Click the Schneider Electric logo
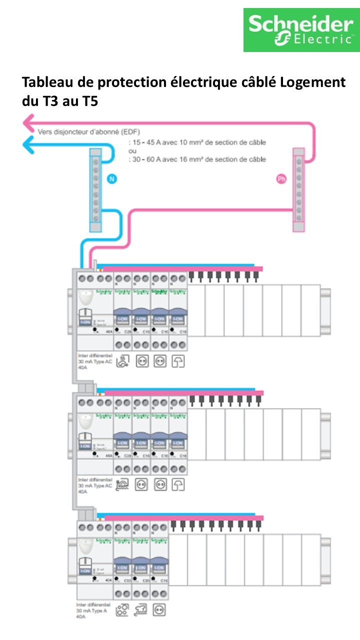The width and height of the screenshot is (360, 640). [301, 29]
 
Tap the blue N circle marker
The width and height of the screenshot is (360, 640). [111, 178]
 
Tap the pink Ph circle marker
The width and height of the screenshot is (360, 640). [281, 178]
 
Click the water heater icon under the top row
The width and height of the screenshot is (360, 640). [123, 361]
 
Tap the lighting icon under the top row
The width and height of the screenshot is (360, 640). [178, 361]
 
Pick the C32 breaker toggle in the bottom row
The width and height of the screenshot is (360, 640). [122, 568]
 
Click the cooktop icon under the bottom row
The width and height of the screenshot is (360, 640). [122, 610]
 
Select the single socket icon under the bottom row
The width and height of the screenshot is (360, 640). [159, 610]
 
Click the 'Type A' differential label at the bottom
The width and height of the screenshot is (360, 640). [87, 611]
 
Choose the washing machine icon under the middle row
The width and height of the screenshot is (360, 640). [123, 484]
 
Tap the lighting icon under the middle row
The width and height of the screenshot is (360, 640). [178, 484]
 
